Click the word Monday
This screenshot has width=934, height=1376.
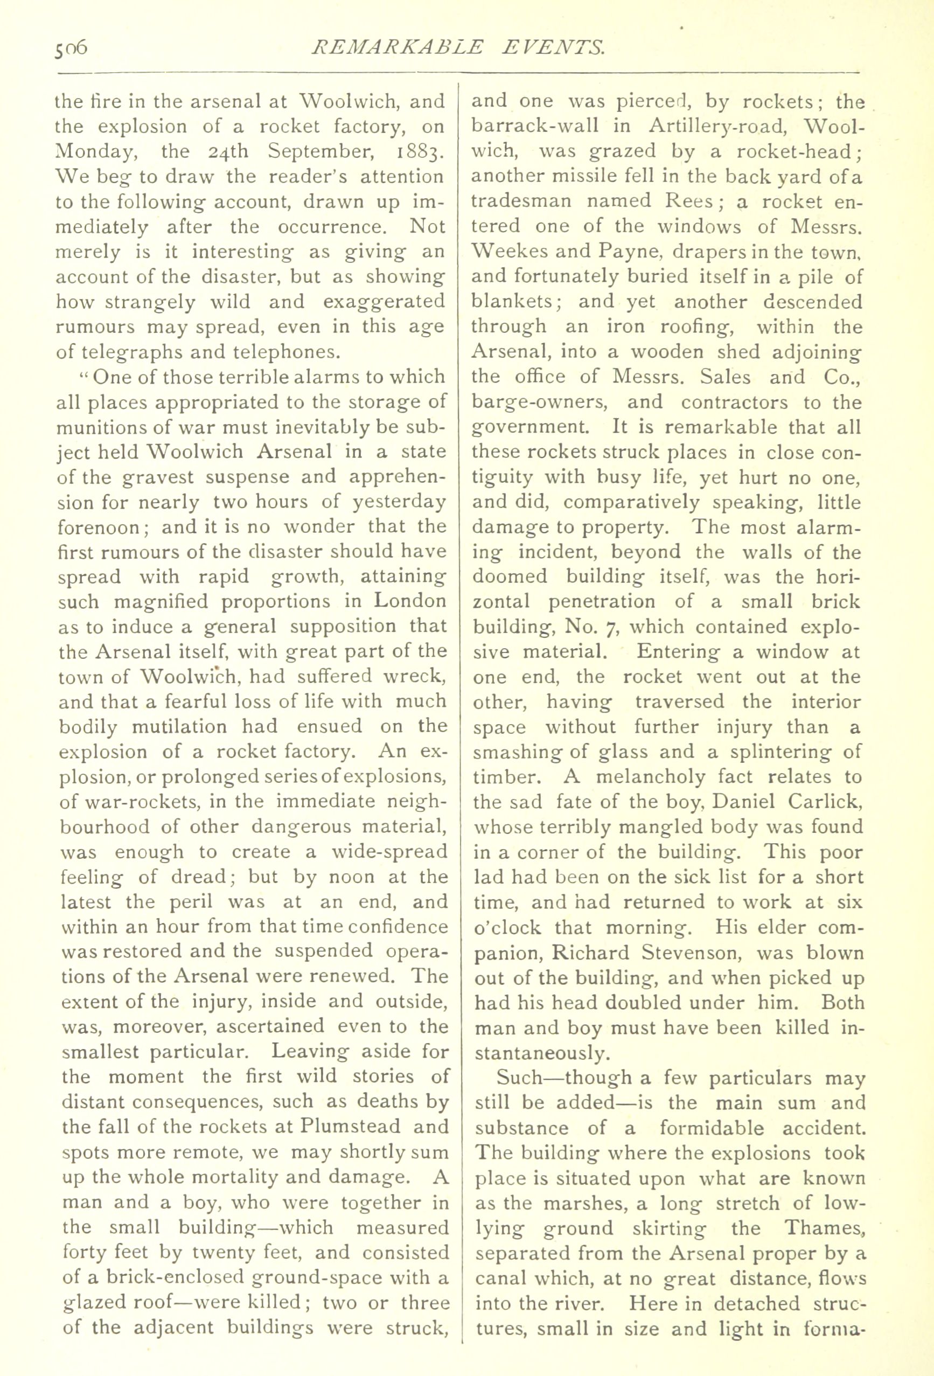[x=96, y=151]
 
